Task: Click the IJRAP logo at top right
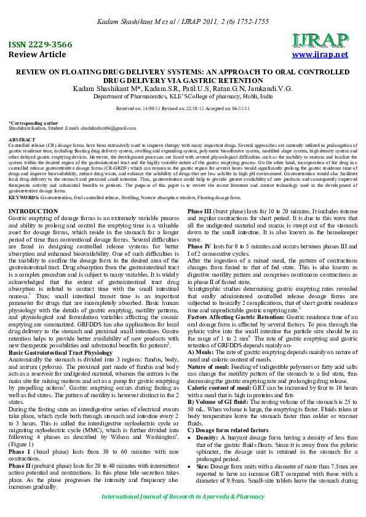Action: coord(320,41)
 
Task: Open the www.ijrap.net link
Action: coord(320,55)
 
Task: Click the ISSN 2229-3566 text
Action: coord(39,45)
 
